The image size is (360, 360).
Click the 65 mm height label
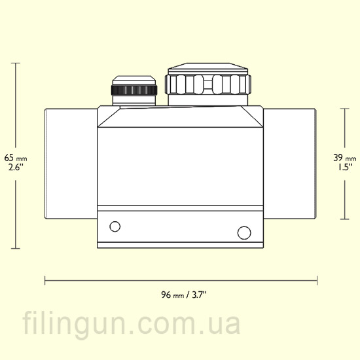(16, 158)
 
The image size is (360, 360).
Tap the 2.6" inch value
(16, 167)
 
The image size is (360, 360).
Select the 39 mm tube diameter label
(344, 158)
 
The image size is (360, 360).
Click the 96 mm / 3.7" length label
(184, 295)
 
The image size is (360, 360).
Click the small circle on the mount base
(115, 226)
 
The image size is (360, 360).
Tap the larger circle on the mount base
(244, 232)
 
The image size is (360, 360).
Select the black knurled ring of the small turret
(134, 90)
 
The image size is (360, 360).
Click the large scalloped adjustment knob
(207, 84)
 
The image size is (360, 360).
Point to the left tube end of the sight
(71, 164)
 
